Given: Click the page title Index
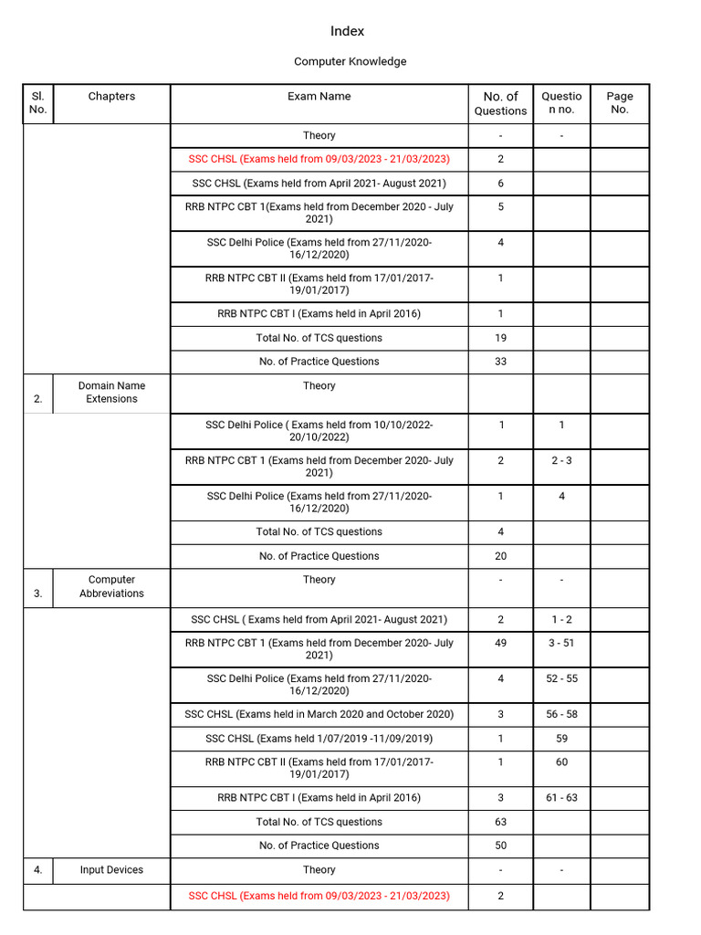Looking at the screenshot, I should coord(347,31).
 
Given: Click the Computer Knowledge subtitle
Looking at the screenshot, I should coord(350,61).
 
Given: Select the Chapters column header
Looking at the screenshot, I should coord(111,96).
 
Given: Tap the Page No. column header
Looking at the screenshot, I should coord(619,102).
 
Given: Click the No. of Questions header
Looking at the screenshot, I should coord(500,103).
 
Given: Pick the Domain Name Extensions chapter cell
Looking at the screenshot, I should coord(111,392).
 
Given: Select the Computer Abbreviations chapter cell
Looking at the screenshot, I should coord(111,586).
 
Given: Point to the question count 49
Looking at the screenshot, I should coord(500,643).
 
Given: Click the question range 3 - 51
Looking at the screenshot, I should coord(561,643).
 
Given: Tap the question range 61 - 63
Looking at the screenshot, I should coord(561,798).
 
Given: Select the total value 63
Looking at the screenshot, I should coord(500,822).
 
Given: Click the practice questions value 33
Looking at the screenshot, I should coord(500,362).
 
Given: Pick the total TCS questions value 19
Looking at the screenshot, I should coord(500,338).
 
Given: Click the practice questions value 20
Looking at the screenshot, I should coord(500,556).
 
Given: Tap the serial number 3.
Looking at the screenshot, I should coord(38,594).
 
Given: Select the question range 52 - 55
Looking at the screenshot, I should coord(561,678).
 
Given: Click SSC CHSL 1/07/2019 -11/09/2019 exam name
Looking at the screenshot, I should coord(319,739).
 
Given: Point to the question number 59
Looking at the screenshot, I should coord(561,739).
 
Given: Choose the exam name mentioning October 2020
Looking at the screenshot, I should coord(319,714).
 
